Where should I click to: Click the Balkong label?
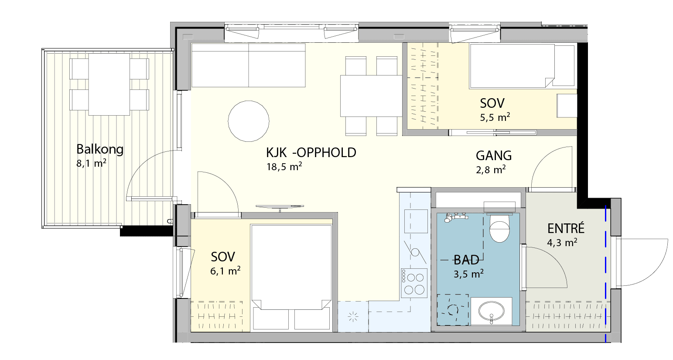tap(100, 149)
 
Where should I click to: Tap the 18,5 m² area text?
tap(284, 167)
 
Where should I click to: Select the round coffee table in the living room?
tap(249, 121)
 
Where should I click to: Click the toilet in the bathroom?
tap(499, 227)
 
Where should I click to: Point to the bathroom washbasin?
tap(492, 311)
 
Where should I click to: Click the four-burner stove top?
tap(414, 283)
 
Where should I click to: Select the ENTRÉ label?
tap(566, 229)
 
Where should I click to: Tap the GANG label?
tap(494, 156)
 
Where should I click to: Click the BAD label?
tap(466, 260)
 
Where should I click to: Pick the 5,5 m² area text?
tap(495, 117)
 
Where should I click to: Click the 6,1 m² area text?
tap(225, 271)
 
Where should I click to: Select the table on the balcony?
tap(109, 85)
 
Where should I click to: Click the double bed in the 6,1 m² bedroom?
tap(291, 278)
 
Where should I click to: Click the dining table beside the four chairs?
tap(371, 96)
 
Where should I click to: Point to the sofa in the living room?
tap(249, 65)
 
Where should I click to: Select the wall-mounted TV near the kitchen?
tap(280, 207)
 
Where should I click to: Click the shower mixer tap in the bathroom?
tap(456, 217)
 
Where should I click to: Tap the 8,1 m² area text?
tap(91, 163)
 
